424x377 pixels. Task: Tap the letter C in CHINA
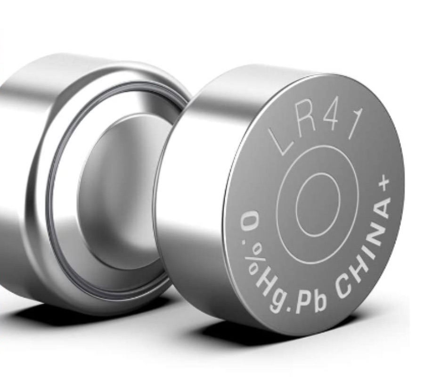(343, 287)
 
